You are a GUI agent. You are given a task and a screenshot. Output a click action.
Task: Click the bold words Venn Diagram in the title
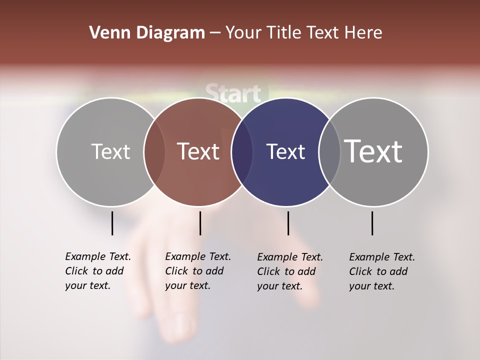(147, 33)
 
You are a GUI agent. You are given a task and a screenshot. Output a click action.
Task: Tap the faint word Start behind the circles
(233, 93)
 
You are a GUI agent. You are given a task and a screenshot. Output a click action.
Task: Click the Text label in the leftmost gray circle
(110, 151)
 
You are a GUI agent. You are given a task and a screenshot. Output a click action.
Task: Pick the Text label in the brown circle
(198, 151)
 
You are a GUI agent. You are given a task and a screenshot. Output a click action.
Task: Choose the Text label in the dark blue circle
(285, 152)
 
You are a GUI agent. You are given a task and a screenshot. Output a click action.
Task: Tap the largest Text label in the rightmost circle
(373, 151)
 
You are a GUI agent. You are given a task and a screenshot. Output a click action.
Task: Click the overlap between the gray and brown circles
(154, 152)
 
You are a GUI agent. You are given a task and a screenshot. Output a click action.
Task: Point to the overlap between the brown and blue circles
(242, 152)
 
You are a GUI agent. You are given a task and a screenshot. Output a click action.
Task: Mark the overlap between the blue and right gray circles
(329, 152)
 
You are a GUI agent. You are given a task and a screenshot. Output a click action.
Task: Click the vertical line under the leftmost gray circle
(112, 223)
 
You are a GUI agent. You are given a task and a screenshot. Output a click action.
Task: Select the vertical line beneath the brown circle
(200, 223)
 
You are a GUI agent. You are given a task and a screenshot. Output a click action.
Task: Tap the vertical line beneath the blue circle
(288, 223)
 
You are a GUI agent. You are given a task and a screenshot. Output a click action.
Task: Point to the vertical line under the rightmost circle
(372, 223)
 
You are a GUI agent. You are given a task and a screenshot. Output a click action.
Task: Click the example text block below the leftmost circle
(98, 271)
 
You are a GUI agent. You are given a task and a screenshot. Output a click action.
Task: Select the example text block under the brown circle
(198, 271)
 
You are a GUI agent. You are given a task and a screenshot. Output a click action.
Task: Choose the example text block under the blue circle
(290, 271)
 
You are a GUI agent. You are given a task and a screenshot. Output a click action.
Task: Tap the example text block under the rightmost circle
(382, 271)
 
